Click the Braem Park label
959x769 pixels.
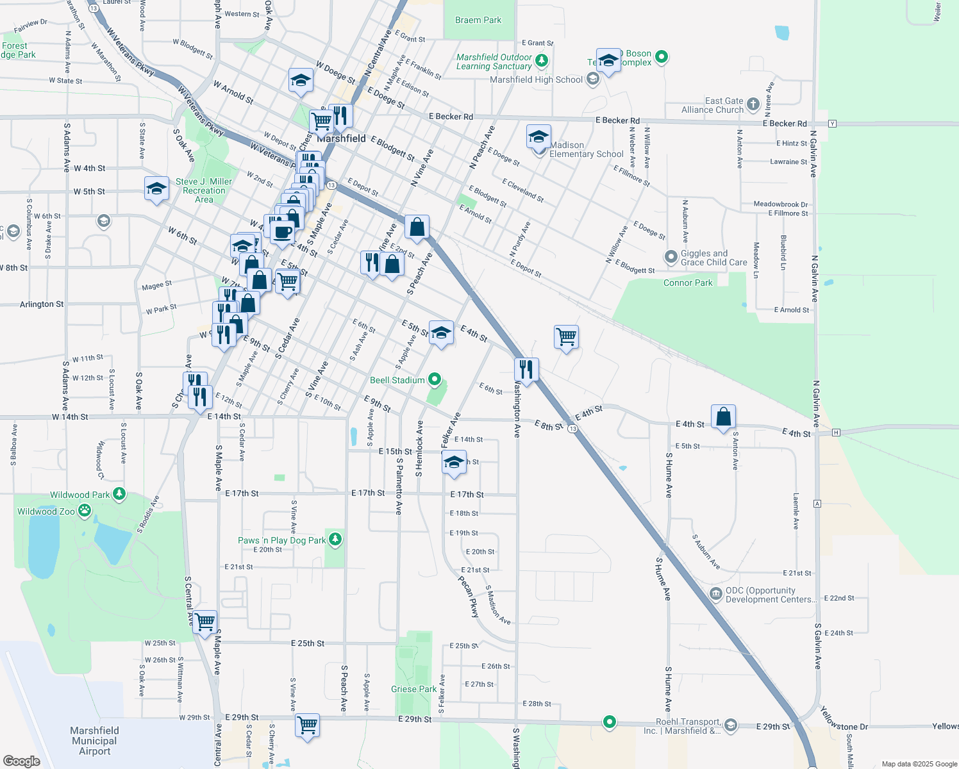[x=478, y=20]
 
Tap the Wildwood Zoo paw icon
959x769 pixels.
[x=85, y=511]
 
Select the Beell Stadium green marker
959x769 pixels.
[x=435, y=380]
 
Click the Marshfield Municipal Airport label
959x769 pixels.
[x=94, y=741]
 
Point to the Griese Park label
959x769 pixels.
[x=413, y=689]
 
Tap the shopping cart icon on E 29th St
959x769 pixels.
[x=308, y=725]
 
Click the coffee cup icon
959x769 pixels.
[x=282, y=231]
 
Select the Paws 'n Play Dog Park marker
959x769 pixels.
[x=335, y=540]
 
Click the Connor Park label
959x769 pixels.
[x=688, y=283]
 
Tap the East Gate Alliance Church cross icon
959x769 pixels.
[x=753, y=104]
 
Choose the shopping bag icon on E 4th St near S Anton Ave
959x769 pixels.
[x=723, y=417]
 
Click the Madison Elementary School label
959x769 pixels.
[x=586, y=149]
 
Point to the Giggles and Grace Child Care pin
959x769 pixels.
[x=671, y=257]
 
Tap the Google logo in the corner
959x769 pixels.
[x=21, y=761]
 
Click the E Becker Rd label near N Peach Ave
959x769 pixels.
[x=451, y=117]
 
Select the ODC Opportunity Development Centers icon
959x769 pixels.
[x=716, y=594]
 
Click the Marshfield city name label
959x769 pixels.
[x=342, y=138]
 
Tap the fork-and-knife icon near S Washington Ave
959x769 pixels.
[x=526, y=369]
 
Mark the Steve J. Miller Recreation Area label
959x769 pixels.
[x=204, y=190]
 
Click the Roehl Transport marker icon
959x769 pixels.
[x=731, y=725]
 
